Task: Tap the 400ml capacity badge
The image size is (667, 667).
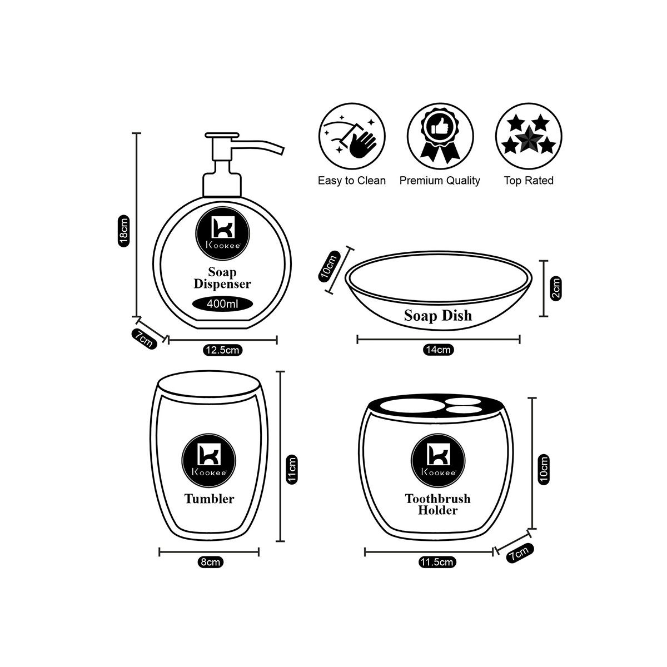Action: [x=222, y=304]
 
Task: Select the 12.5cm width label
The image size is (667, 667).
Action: [x=222, y=350]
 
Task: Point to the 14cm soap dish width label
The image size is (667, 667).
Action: [x=438, y=350]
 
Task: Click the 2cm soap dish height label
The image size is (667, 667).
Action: [x=556, y=288]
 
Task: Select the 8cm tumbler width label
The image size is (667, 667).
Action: [x=210, y=562]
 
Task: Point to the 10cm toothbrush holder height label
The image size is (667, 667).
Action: [x=544, y=469]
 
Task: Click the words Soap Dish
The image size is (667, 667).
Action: [x=437, y=316]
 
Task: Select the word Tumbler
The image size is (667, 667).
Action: [x=209, y=499]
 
